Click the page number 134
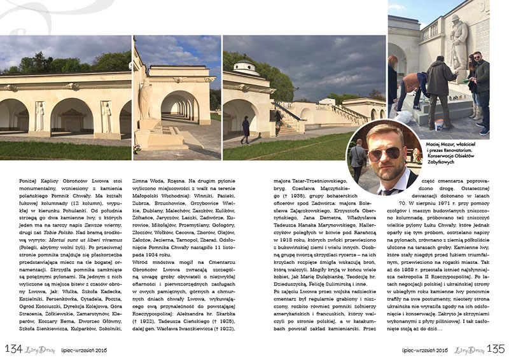[13, 349]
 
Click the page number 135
[496, 349]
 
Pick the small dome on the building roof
[244, 66]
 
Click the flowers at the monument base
[137, 149]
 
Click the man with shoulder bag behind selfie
[358, 159]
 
